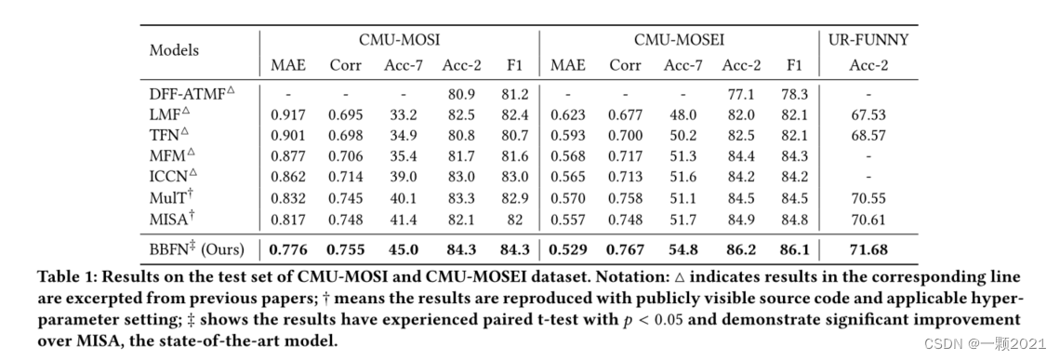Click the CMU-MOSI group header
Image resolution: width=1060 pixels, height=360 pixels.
click(x=399, y=40)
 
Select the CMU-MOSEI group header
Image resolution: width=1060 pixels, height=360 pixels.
click(x=679, y=40)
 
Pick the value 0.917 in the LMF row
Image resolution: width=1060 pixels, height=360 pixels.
click(x=288, y=115)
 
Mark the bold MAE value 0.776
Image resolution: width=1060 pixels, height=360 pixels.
click(x=288, y=249)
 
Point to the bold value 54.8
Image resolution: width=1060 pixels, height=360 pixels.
click(x=682, y=249)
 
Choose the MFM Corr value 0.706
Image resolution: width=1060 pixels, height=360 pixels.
click(x=345, y=157)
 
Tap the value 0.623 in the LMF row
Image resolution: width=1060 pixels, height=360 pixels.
click(x=567, y=115)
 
